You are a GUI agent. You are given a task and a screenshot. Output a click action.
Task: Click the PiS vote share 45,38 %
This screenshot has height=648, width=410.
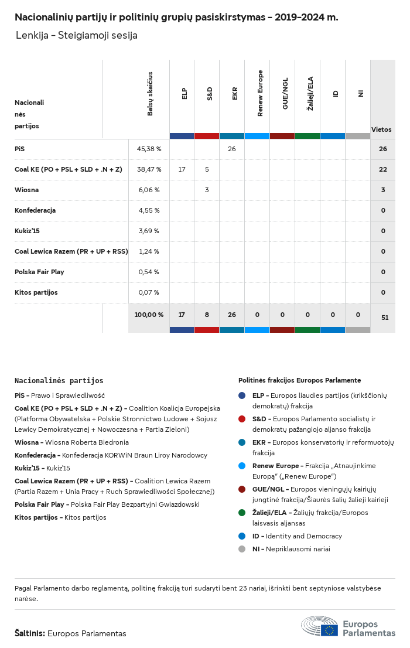[149, 149]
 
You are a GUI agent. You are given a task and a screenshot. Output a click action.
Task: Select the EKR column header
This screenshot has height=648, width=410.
[235, 93]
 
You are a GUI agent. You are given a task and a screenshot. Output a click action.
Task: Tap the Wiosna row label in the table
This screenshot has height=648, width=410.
[26, 190]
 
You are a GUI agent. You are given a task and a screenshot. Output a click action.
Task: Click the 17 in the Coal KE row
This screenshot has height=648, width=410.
[182, 169]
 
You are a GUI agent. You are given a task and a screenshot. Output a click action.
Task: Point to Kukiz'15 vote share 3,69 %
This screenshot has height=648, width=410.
[149, 231]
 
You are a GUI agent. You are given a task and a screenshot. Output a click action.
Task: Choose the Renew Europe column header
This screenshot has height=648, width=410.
[260, 93]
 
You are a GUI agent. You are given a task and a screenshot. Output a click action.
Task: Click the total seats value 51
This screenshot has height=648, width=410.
[385, 318]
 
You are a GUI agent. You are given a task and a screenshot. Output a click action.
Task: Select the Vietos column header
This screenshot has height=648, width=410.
[381, 129]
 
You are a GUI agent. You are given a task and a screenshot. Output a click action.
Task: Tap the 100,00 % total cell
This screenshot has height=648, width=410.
[149, 315]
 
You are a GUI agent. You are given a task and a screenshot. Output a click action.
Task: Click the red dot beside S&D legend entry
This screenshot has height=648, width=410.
[242, 419]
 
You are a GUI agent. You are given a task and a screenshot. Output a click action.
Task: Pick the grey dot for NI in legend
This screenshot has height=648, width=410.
[242, 549]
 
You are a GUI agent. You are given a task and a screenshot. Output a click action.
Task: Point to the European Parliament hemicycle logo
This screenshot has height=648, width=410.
[319, 626]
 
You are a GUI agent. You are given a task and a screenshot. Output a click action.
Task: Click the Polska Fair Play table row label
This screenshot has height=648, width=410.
[39, 272]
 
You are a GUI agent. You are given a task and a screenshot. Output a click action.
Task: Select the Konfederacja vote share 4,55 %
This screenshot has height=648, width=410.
[149, 210]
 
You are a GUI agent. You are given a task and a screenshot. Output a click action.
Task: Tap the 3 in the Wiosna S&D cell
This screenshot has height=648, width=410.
[207, 190]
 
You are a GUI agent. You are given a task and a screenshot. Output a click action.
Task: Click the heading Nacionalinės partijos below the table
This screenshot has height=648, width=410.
[59, 381]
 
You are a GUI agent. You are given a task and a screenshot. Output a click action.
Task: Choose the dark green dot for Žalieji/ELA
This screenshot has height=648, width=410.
[242, 513]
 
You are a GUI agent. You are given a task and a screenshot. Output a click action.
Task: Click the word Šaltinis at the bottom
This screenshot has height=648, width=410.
[30, 633]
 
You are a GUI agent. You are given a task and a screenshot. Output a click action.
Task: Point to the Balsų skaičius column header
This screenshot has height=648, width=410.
[150, 93]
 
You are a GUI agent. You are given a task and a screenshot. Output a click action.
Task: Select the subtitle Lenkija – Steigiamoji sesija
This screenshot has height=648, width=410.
[77, 35]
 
